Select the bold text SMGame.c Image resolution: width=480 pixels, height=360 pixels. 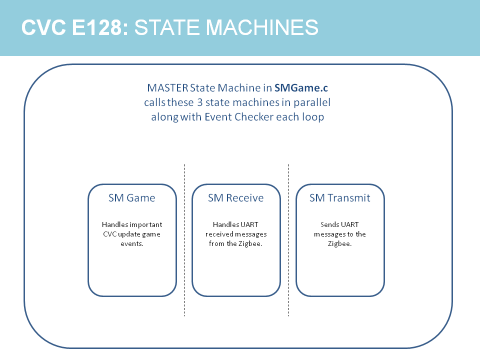(x=301, y=88)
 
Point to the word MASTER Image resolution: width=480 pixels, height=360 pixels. (x=167, y=88)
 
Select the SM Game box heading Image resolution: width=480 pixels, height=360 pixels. (x=132, y=198)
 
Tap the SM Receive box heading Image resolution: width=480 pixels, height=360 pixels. (x=236, y=198)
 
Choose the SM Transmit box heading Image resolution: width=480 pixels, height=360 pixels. (x=340, y=198)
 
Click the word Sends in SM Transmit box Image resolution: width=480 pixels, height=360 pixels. (x=329, y=224)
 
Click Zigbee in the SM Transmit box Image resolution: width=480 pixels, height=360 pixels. (x=340, y=243)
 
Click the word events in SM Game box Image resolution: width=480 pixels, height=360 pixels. (x=132, y=243)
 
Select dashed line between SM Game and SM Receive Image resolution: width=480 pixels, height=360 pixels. (x=184, y=240)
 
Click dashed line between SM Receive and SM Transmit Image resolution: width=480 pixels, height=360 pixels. (x=288, y=240)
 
